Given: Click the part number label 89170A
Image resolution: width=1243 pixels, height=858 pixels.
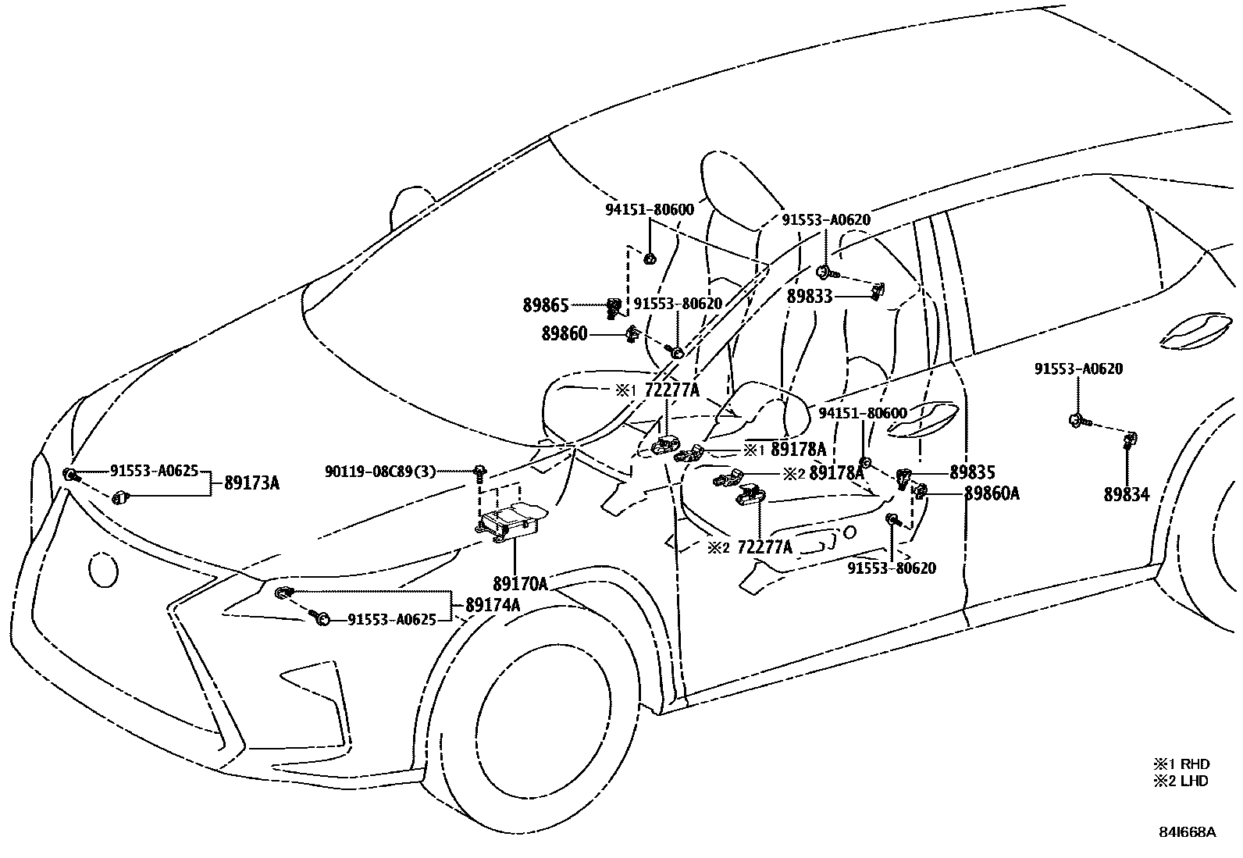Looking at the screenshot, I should click(x=518, y=583).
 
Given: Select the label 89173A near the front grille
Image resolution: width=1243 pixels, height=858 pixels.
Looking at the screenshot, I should click(x=251, y=483).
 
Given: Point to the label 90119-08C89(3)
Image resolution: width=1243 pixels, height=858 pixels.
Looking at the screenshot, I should click(x=380, y=472).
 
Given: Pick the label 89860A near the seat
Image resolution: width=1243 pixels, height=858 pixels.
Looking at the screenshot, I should click(x=992, y=493).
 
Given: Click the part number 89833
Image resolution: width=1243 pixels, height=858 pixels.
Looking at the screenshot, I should click(x=810, y=297).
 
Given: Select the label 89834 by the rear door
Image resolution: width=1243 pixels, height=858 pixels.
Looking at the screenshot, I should click(x=1126, y=494).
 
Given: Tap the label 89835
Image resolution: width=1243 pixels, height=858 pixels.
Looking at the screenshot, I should click(x=972, y=472).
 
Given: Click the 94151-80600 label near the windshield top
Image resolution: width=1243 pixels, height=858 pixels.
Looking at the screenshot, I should click(x=650, y=210).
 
